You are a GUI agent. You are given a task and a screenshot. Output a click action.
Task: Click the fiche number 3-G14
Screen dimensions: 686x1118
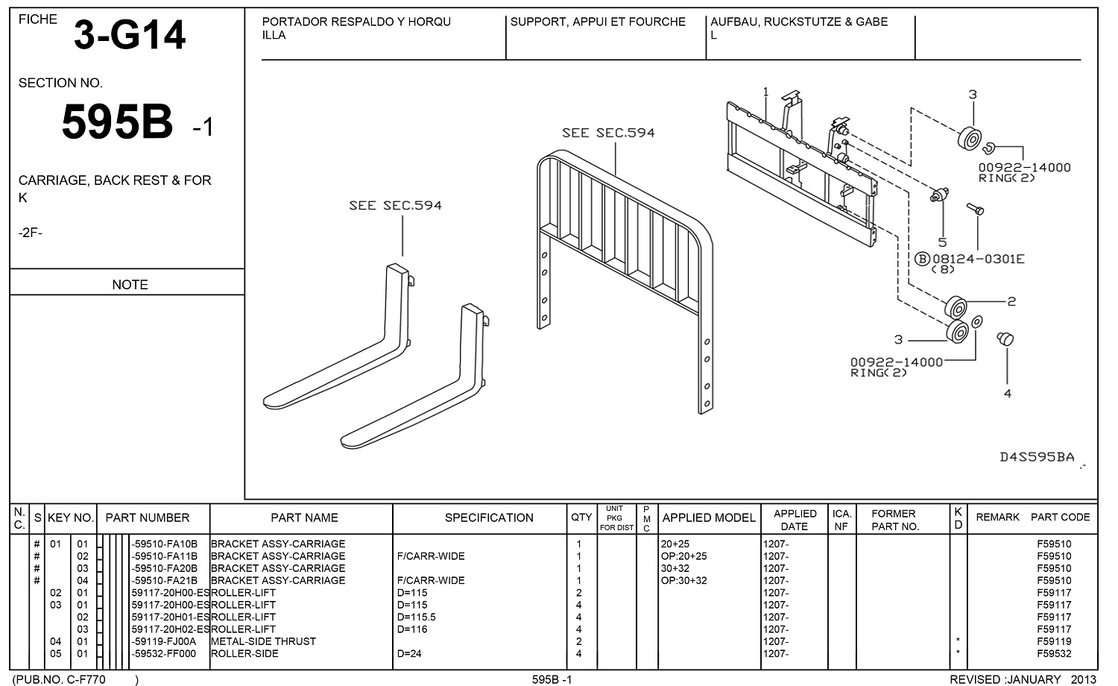coord(129,35)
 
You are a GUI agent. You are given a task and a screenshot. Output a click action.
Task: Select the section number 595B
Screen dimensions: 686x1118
coord(117,122)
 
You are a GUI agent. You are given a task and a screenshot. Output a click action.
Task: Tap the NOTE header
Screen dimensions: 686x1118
coord(130,284)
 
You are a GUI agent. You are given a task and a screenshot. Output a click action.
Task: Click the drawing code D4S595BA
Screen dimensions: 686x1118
coord(1037,457)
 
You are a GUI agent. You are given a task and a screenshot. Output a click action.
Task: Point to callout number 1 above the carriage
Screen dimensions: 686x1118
coord(765,92)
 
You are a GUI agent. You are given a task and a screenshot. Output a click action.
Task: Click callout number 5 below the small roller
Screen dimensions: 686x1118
coord(942,242)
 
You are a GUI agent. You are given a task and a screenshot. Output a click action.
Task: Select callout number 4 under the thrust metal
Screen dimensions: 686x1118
coord(1008,394)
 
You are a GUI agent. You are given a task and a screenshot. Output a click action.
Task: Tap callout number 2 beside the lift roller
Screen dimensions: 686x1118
coord(1011,301)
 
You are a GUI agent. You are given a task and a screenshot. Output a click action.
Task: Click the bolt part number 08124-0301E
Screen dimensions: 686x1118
coord(979,259)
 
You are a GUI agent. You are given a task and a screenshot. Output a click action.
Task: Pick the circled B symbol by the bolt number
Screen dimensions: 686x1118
coord(923,259)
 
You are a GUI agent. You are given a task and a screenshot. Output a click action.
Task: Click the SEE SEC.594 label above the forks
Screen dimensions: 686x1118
coord(395,206)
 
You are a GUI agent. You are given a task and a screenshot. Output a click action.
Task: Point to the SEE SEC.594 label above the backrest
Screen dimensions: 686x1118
coord(608,133)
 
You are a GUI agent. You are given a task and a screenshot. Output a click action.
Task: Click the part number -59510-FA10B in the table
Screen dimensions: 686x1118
coord(164,544)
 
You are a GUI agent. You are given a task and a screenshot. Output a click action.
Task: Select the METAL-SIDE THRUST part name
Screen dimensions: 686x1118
coord(264,641)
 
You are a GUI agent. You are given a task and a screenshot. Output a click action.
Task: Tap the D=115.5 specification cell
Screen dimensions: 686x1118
coord(417,617)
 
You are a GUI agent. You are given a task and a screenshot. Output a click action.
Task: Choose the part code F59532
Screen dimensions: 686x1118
coord(1054,653)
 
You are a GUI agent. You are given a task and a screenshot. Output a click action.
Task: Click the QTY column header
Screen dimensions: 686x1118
coord(581,517)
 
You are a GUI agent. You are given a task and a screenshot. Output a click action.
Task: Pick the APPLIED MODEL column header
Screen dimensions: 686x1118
coord(709,517)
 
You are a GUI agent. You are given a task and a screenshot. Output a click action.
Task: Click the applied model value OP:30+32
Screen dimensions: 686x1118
coord(683,580)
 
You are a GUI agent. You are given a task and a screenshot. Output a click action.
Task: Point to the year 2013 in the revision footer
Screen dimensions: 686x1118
coord(1083,679)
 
